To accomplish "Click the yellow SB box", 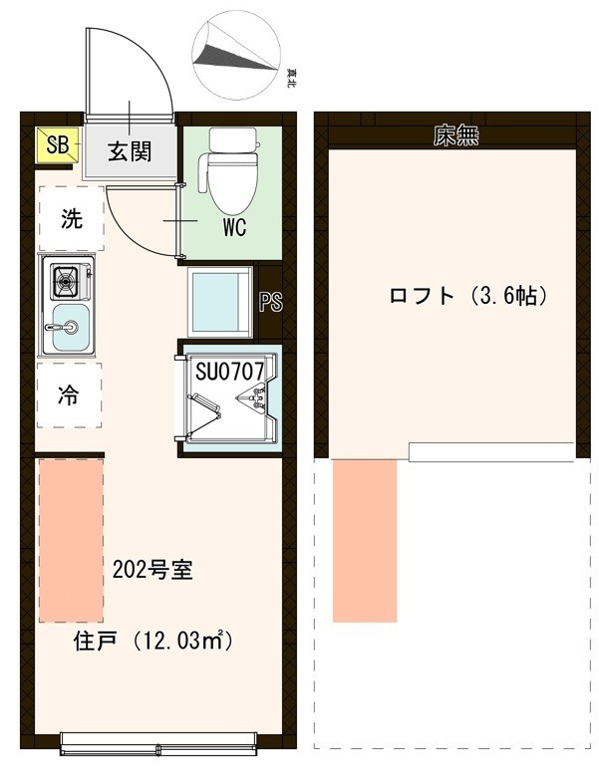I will (x=56, y=145).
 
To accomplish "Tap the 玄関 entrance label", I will (x=129, y=151).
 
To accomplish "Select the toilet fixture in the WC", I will (x=232, y=164).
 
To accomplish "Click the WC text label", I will (x=234, y=227).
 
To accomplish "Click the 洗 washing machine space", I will (x=70, y=219).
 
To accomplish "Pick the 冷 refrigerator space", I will (x=70, y=394).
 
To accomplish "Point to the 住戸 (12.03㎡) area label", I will (x=153, y=641).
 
